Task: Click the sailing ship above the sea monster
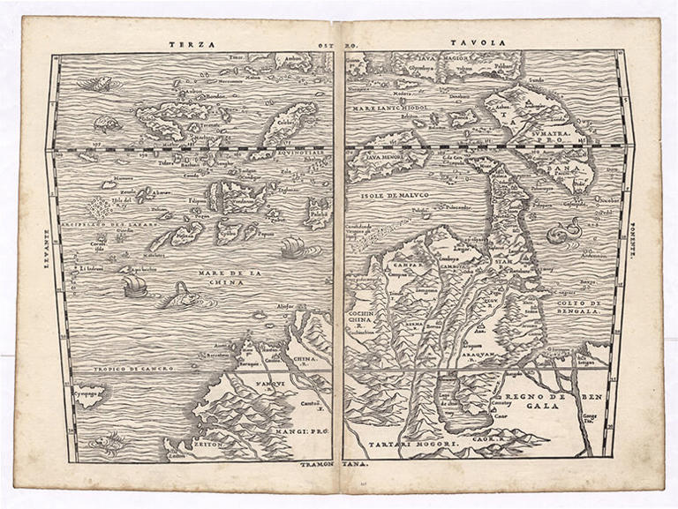coord(135,284)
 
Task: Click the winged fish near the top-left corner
coord(94,84)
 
